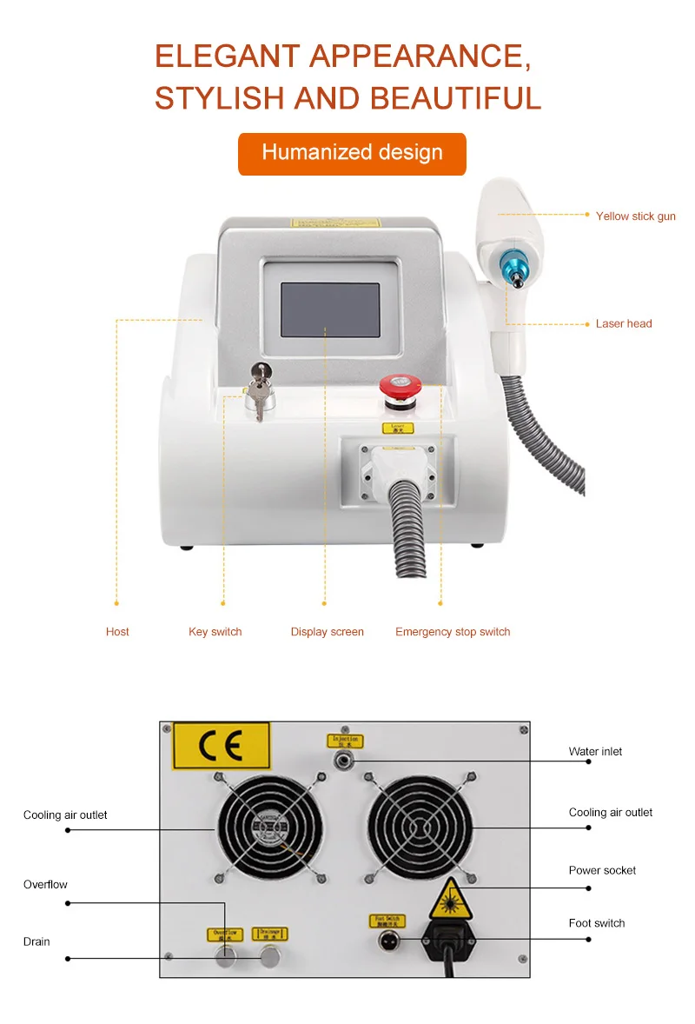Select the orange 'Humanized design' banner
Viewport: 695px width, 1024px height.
pos(352,154)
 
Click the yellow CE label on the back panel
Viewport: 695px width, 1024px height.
pos(221,746)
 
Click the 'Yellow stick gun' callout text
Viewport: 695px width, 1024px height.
pos(635,216)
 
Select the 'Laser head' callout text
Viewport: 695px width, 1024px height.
pos(623,324)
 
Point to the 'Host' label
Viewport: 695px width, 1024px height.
pos(117,632)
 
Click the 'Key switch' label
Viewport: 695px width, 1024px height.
pos(215,632)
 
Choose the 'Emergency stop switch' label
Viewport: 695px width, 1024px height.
pos(453,632)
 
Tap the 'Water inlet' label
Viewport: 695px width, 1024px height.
pos(595,752)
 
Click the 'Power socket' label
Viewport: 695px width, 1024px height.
pos(602,871)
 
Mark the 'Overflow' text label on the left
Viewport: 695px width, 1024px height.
pos(45,885)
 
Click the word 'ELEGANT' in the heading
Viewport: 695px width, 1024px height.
pos(228,57)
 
